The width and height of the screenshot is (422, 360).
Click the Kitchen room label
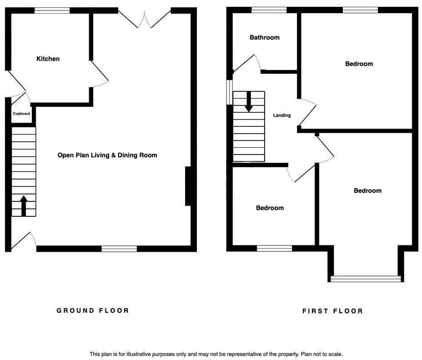pos(48,59)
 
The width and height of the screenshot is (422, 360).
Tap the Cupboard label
pos(21,114)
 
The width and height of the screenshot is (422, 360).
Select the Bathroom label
pos(265,37)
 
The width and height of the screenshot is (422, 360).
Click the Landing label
pos(282,115)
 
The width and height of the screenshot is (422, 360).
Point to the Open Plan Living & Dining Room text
pos(107,155)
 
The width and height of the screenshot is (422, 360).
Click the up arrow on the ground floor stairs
pos(24,206)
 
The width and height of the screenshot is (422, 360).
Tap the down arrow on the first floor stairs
pos(249,102)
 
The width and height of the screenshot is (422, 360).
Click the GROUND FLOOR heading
pos(93,310)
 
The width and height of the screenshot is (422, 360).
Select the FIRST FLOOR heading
pos(333,311)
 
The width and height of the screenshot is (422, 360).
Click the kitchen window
pos(52,10)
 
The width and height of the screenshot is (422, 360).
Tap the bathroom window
pos(269,10)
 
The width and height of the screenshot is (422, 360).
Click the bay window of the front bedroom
pos(366,279)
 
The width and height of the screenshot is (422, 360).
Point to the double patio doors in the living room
pos(145,20)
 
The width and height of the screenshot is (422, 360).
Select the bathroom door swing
pos(246,64)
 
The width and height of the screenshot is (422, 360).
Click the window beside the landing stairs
pos(230,92)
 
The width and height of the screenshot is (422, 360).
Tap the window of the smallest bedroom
pos(275,248)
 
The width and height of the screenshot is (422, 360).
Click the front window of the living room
pos(119,249)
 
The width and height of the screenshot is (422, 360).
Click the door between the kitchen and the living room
pos(99,73)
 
